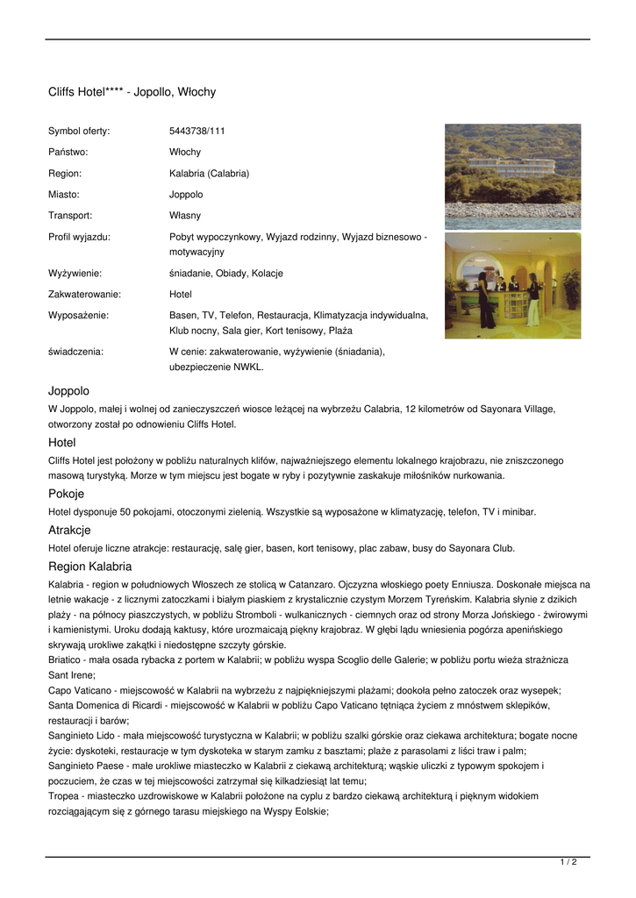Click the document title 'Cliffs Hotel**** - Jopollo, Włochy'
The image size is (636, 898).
(132, 92)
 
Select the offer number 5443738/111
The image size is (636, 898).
(197, 132)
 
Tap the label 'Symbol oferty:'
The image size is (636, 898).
(79, 132)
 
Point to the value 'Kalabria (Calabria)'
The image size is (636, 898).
(209, 174)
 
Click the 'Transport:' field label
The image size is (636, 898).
(70, 216)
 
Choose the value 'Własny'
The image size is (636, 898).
(185, 216)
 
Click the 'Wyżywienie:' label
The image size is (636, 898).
(75, 274)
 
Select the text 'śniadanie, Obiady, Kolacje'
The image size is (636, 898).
(225, 274)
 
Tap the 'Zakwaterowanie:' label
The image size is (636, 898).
(84, 295)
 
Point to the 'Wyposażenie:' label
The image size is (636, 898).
(78, 316)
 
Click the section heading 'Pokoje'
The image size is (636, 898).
(66, 494)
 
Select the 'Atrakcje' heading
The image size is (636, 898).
(69, 530)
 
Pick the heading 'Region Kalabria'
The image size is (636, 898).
(89, 567)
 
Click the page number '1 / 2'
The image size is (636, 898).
(568, 863)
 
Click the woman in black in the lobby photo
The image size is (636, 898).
(483, 296)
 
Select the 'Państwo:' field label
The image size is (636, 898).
(68, 153)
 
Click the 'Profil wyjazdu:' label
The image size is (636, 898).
(79, 237)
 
